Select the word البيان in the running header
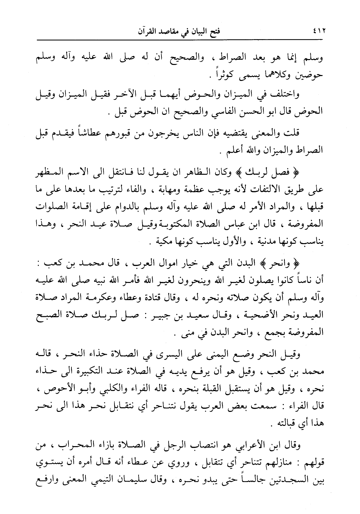(200, 32)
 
